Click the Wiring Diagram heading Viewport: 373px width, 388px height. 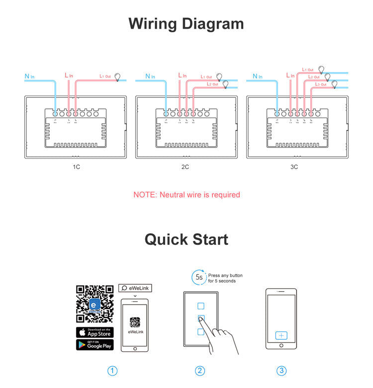[x=186, y=24]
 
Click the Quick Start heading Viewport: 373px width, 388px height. [x=186, y=239]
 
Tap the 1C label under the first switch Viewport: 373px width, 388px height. [x=76, y=167]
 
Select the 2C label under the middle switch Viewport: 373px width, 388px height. [x=185, y=167]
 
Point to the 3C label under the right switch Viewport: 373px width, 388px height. [x=294, y=167]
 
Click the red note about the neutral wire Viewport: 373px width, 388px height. [x=186, y=195]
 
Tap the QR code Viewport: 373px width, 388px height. [x=94, y=304]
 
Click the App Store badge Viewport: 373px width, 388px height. [x=94, y=332]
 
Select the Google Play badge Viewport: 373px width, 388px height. [x=94, y=345]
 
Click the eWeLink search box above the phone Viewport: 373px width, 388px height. [x=135, y=288]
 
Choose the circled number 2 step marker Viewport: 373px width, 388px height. [x=200, y=371]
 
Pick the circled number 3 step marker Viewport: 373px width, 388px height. [x=281, y=371]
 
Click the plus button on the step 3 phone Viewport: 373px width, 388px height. [x=281, y=336]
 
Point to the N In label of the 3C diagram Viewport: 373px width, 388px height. [x=258, y=77]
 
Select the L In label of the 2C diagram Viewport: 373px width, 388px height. [x=182, y=76]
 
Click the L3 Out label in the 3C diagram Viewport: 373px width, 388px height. [x=321, y=85]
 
